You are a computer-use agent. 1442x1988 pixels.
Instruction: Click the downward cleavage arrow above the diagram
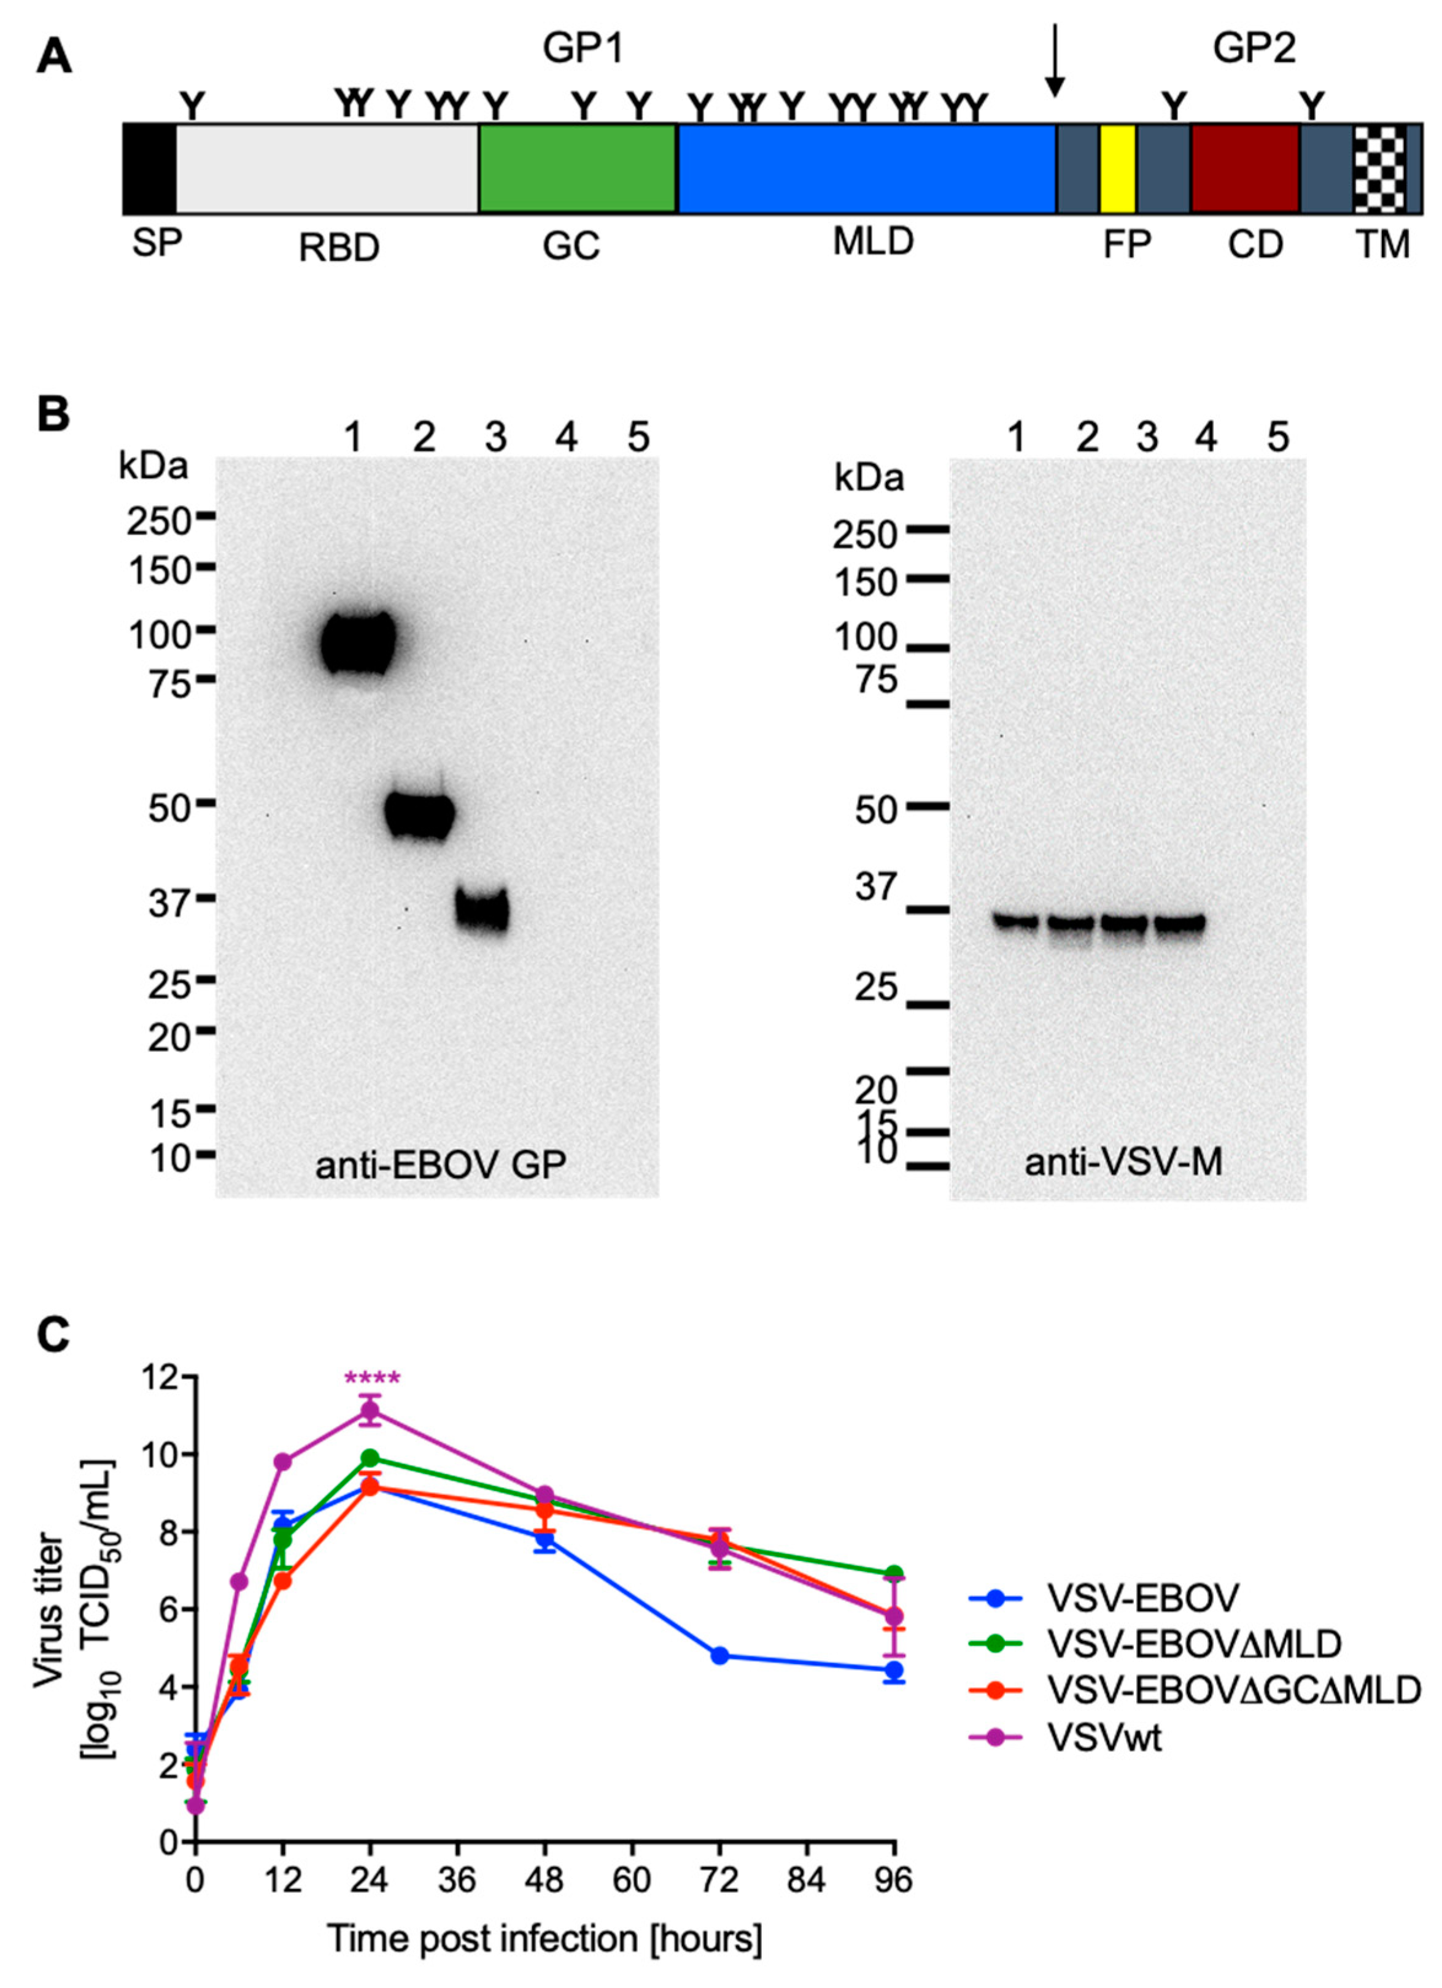coord(1055,61)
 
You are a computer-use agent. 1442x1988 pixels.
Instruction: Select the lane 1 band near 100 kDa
coord(357,643)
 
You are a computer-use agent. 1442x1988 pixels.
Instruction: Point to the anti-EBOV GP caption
coord(440,1164)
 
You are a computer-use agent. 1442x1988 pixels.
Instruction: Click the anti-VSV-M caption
coord(1123,1163)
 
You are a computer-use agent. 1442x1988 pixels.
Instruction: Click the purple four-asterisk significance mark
coord(371,1379)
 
